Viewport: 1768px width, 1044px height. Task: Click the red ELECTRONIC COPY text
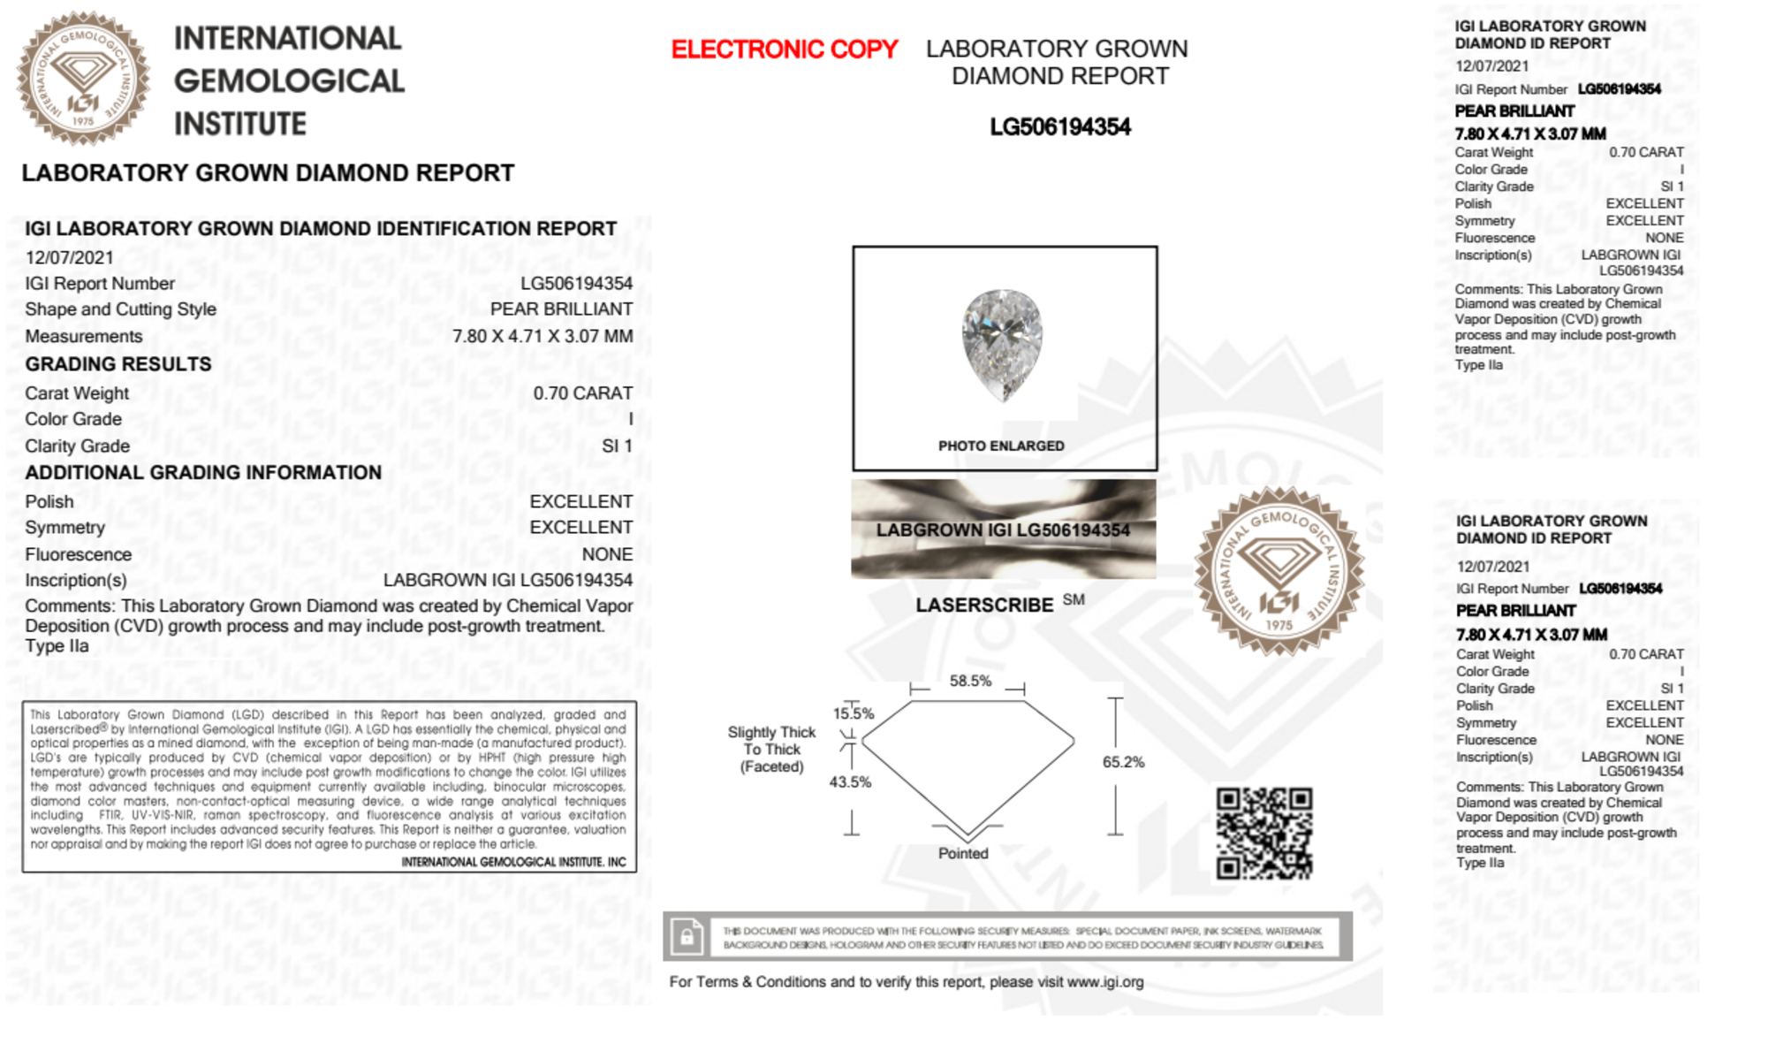click(x=784, y=50)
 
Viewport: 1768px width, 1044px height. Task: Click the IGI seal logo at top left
click(x=83, y=79)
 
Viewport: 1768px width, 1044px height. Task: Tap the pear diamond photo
click(x=1002, y=344)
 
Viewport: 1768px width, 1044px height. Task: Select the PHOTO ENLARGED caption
click(x=1001, y=446)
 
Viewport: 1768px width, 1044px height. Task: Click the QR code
click(x=1263, y=834)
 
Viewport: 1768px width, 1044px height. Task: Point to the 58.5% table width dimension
click(x=970, y=681)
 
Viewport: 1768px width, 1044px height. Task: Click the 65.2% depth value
click(x=1123, y=762)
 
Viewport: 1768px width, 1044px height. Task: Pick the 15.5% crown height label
click(x=853, y=713)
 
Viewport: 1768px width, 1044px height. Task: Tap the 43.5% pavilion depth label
click(x=850, y=781)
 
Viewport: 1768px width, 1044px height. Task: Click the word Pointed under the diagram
click(x=963, y=853)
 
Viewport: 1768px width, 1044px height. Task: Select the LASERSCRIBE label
click(x=984, y=606)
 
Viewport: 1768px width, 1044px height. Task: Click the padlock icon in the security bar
click(x=687, y=936)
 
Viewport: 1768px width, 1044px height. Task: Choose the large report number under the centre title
click(x=1059, y=127)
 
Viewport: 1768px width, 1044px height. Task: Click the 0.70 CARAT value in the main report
click(x=582, y=393)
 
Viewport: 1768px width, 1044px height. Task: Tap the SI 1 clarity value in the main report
click(x=617, y=446)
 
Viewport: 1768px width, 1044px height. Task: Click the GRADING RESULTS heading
click(x=118, y=364)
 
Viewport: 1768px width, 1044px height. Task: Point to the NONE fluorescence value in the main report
click(x=607, y=554)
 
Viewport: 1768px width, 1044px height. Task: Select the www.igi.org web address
click(x=1104, y=982)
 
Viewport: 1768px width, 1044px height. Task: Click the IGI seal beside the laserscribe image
click(x=1279, y=572)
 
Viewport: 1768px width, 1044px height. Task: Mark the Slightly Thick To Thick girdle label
click(x=771, y=749)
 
